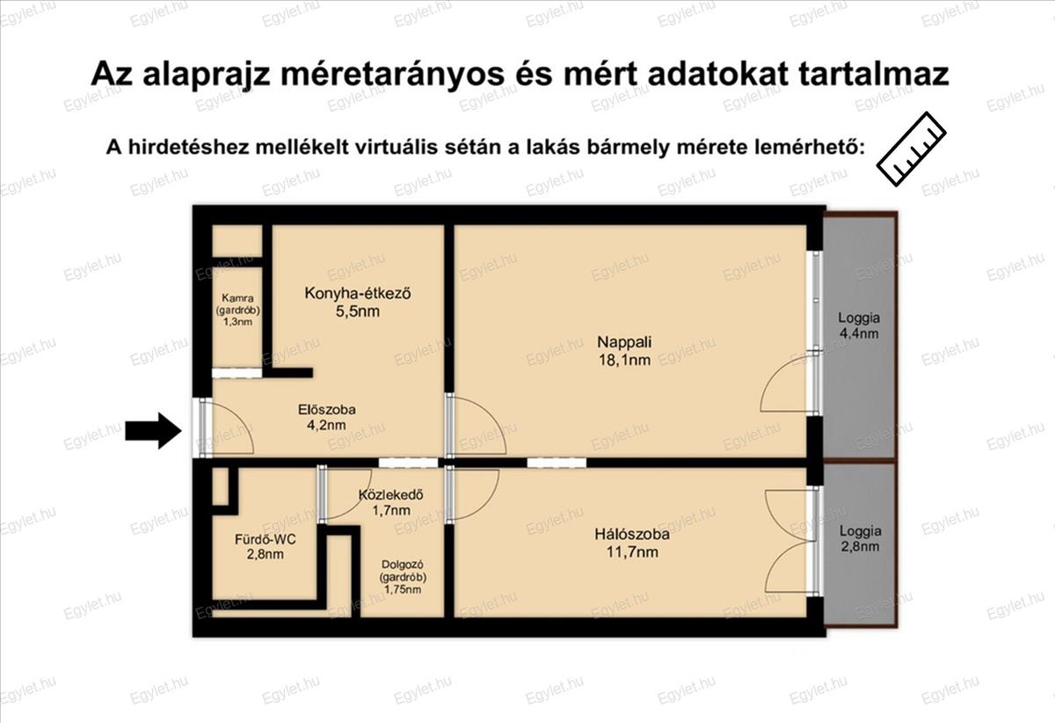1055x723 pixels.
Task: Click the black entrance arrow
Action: [x=154, y=431]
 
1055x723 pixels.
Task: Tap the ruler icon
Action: [x=911, y=149]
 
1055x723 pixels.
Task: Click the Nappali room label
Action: [x=624, y=341]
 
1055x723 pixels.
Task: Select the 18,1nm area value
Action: [x=624, y=360]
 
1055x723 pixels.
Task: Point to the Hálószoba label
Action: [x=632, y=534]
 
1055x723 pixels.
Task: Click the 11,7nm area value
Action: [x=632, y=551]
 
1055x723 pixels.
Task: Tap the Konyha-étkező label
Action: [x=358, y=293]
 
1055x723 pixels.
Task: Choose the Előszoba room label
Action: [x=326, y=410]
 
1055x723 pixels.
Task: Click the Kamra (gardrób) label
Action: [x=238, y=304]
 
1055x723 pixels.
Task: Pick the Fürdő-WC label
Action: [x=266, y=538]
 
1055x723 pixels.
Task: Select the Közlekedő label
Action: [x=391, y=495]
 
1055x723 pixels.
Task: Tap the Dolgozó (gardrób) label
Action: [x=403, y=571]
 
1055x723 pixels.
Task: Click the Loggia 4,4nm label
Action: [x=859, y=325]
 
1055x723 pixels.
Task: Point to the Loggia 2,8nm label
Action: [x=860, y=538]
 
